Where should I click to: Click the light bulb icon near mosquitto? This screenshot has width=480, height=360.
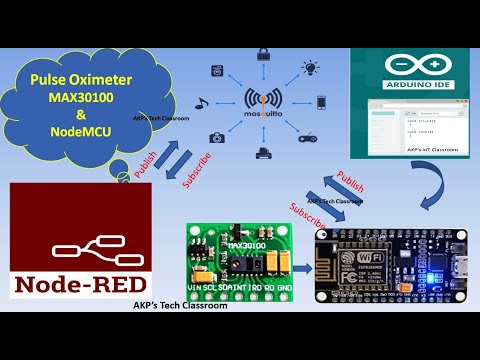[311, 67]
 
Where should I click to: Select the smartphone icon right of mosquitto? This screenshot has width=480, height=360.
[322, 102]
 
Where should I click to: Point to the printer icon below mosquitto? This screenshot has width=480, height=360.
[262, 153]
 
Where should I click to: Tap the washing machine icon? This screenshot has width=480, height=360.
[218, 71]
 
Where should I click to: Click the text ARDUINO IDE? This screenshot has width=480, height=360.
[414, 84]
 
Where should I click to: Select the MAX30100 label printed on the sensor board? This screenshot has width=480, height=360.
[249, 244]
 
